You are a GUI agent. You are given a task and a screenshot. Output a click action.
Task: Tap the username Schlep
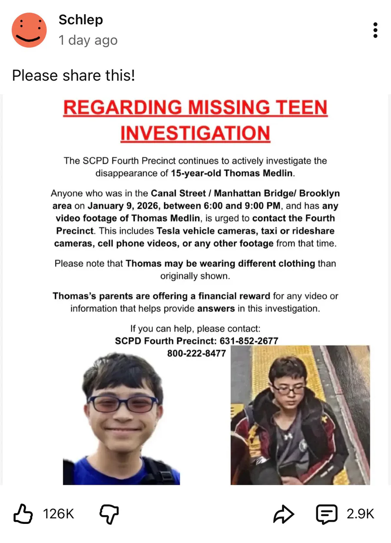coord(80,20)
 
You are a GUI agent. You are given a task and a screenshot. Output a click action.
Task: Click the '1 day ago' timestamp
coord(88,40)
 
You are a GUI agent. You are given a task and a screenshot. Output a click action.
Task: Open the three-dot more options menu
coord(375,30)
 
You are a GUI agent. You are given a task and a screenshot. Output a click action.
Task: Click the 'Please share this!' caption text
coord(73,76)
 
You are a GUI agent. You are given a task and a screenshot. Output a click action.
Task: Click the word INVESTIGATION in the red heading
coord(195,133)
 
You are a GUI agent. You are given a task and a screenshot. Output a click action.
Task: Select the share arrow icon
coord(284,514)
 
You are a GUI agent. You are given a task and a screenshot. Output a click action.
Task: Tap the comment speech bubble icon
coord(326,514)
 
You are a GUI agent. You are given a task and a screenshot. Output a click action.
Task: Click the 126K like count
coord(59,514)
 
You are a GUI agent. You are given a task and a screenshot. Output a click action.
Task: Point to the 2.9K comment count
coord(360,514)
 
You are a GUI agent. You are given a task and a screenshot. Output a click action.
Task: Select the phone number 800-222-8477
coord(196,353)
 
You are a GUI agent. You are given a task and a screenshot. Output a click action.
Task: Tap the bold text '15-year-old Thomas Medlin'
coord(232,173)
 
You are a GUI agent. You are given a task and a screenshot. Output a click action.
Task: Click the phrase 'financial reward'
coord(234,296)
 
